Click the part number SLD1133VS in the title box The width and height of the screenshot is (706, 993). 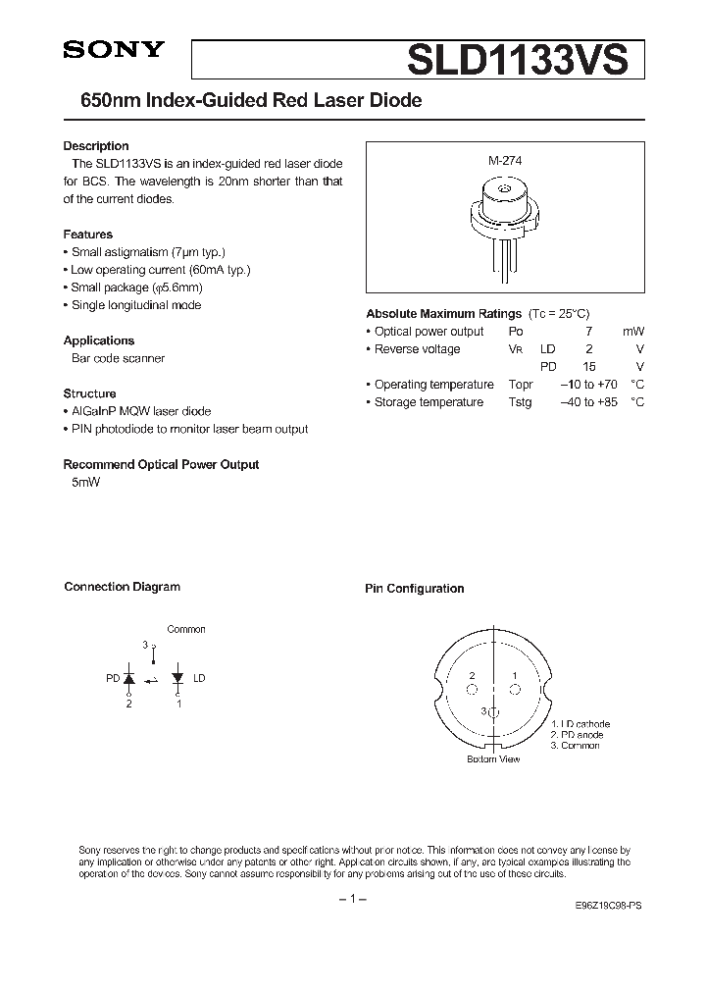pyautogui.click(x=517, y=61)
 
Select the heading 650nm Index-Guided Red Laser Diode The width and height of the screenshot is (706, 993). pyautogui.click(x=242, y=101)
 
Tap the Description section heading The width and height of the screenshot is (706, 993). pyautogui.click(x=96, y=146)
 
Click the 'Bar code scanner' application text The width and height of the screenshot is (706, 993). pyautogui.click(x=118, y=358)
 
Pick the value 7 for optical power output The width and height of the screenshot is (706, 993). pyautogui.click(x=587, y=332)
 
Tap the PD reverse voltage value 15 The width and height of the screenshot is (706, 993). pyautogui.click(x=588, y=367)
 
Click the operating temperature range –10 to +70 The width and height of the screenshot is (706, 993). pyautogui.click(x=588, y=385)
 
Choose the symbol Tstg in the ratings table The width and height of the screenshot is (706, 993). pyautogui.click(x=520, y=402)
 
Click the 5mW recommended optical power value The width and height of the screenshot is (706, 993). pyautogui.click(x=85, y=482)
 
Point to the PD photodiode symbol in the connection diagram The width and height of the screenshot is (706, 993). pyautogui.click(x=129, y=678)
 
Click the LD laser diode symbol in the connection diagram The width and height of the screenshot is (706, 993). pyautogui.click(x=177, y=678)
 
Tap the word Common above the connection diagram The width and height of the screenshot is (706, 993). pyautogui.click(x=186, y=629)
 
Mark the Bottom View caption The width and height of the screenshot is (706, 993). pyautogui.click(x=493, y=759)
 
